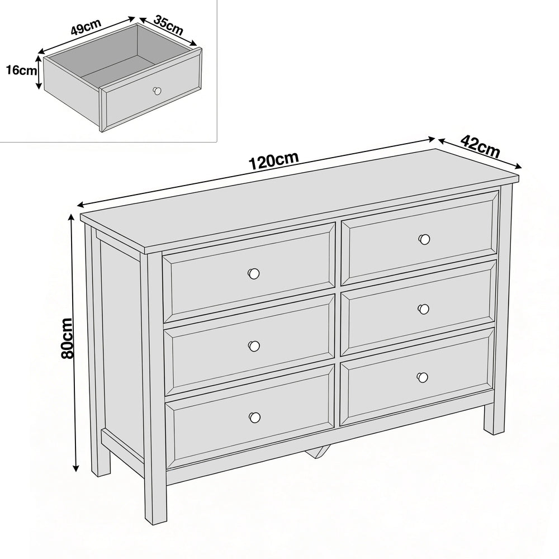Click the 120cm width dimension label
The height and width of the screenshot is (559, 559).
(273, 161)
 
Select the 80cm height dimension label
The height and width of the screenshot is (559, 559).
(67, 338)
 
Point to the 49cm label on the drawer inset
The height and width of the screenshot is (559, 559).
(86, 26)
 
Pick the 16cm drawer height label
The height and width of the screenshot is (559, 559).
(21, 70)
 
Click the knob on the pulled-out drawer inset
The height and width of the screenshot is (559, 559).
(157, 91)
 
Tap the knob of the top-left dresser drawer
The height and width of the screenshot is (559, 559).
(253, 273)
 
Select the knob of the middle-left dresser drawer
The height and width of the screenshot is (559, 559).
(254, 346)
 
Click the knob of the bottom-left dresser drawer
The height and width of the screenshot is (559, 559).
(254, 417)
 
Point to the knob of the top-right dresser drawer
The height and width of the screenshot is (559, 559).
(424, 239)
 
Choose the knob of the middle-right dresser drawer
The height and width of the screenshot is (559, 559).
(424, 309)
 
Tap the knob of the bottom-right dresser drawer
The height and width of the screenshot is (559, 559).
(423, 377)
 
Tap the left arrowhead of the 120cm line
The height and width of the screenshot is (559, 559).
(81, 205)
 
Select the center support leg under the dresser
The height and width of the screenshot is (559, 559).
(318, 451)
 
